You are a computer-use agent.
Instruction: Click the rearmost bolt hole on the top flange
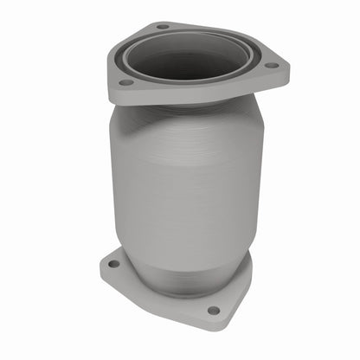point(163,27)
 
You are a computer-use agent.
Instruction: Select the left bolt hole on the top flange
point(126,82)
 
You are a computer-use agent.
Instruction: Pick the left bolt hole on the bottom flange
point(113,262)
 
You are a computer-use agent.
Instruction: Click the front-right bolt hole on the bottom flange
point(213,310)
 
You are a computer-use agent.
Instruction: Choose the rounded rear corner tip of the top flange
point(160,23)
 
